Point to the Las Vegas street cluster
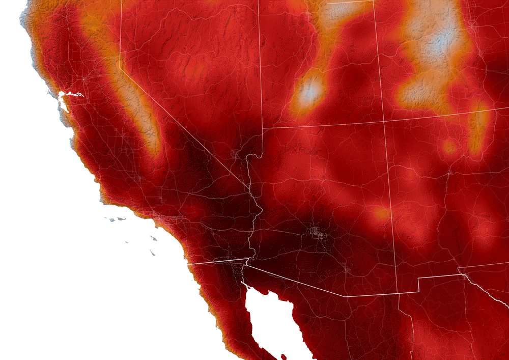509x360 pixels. tap(236, 153)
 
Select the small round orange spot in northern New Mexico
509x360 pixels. tap(449, 147)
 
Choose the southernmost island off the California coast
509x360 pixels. tap(152, 253)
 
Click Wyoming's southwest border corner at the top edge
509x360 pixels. tap(327, 3)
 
